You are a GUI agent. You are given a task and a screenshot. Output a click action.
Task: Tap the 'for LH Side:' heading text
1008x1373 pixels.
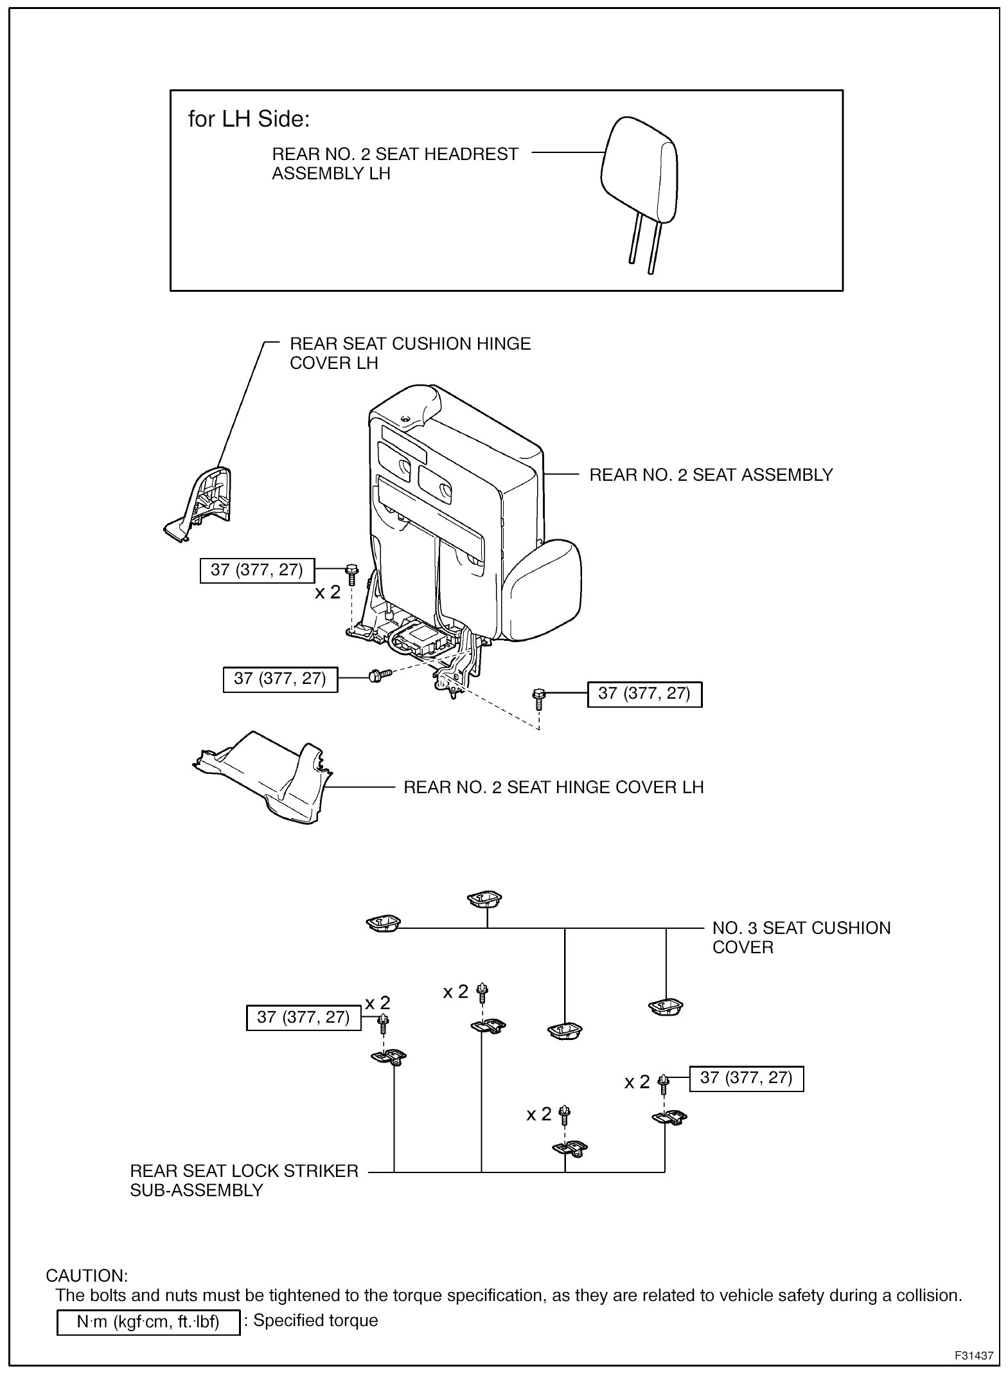[x=249, y=119]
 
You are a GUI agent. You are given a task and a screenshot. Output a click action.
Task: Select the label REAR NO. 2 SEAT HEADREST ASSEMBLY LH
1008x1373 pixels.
[x=394, y=164]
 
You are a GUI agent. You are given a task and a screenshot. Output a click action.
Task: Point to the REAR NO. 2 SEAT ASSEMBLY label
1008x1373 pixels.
[x=711, y=475]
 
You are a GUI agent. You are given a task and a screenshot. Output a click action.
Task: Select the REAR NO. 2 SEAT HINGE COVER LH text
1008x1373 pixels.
[x=553, y=787]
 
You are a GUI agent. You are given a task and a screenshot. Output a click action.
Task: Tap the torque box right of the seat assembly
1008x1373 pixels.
[x=644, y=694]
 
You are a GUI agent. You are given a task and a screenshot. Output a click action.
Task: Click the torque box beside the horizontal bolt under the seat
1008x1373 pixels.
[x=280, y=679]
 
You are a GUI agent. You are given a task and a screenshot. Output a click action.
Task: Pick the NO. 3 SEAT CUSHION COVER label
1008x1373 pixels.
[x=800, y=938]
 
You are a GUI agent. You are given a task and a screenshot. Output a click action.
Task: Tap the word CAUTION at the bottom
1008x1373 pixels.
[x=87, y=1275]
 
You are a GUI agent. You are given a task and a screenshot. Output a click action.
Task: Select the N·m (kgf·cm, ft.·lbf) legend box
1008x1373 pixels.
[x=148, y=1322]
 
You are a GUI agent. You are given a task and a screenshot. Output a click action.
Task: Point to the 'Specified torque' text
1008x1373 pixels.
[x=315, y=1321]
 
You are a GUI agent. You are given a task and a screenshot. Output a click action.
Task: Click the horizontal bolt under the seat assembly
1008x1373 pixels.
[x=378, y=675]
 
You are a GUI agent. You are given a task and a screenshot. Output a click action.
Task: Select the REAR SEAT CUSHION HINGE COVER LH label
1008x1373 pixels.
[x=410, y=354]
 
